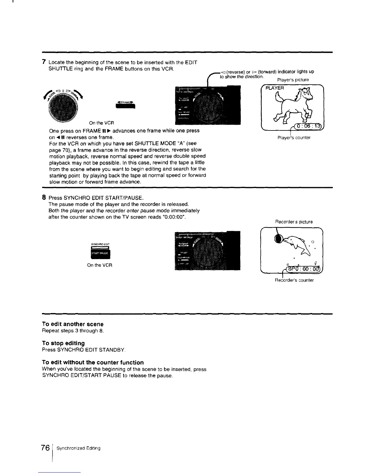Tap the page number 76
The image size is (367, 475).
pyautogui.click(x=46, y=448)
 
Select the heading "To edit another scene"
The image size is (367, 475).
pyautogui.click(x=73, y=324)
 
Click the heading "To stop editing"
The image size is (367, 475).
pyautogui.click(x=63, y=343)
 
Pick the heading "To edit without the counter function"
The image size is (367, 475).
pyautogui.click(x=93, y=362)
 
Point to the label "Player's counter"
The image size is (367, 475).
pyautogui.click(x=294, y=138)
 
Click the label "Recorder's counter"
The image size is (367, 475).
pyautogui.click(x=294, y=280)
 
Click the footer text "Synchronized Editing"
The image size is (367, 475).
pyautogui.click(x=79, y=448)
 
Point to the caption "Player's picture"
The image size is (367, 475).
pyautogui.click(x=293, y=80)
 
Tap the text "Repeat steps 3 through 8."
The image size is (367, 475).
pyautogui.click(x=73, y=331)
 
